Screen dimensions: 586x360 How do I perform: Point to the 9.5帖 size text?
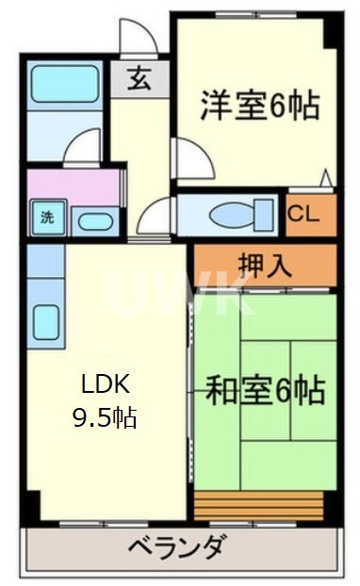point(105,415)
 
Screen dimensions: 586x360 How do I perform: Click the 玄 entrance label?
point(139,80)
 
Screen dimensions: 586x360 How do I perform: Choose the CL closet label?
point(303,213)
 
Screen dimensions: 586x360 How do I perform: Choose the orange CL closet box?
point(310,214)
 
